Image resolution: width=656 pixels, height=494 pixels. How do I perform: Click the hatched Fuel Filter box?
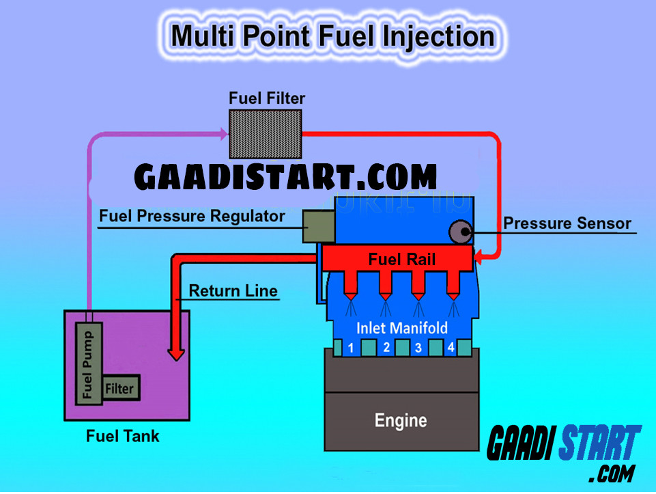click(x=265, y=135)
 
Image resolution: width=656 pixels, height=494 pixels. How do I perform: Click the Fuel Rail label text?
click(x=401, y=260)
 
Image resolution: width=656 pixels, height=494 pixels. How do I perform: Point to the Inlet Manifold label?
click(x=402, y=328)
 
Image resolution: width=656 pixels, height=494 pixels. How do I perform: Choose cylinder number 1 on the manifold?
click(x=350, y=348)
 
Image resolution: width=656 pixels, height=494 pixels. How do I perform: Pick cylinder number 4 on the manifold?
click(x=451, y=348)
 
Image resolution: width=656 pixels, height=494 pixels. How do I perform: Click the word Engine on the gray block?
click(x=401, y=420)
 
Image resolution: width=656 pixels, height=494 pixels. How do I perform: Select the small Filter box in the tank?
click(x=120, y=389)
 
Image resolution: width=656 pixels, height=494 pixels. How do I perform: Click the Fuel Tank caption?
click(x=123, y=435)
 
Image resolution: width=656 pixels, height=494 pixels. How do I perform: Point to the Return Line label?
click(x=233, y=290)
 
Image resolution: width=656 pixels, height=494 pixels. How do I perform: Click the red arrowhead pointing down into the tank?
click(x=176, y=353)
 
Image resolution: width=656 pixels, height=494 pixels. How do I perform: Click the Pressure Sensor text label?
click(x=567, y=223)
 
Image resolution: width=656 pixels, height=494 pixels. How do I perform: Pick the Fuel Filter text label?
click(x=267, y=98)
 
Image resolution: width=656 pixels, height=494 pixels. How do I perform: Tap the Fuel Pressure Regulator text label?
click(x=192, y=217)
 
